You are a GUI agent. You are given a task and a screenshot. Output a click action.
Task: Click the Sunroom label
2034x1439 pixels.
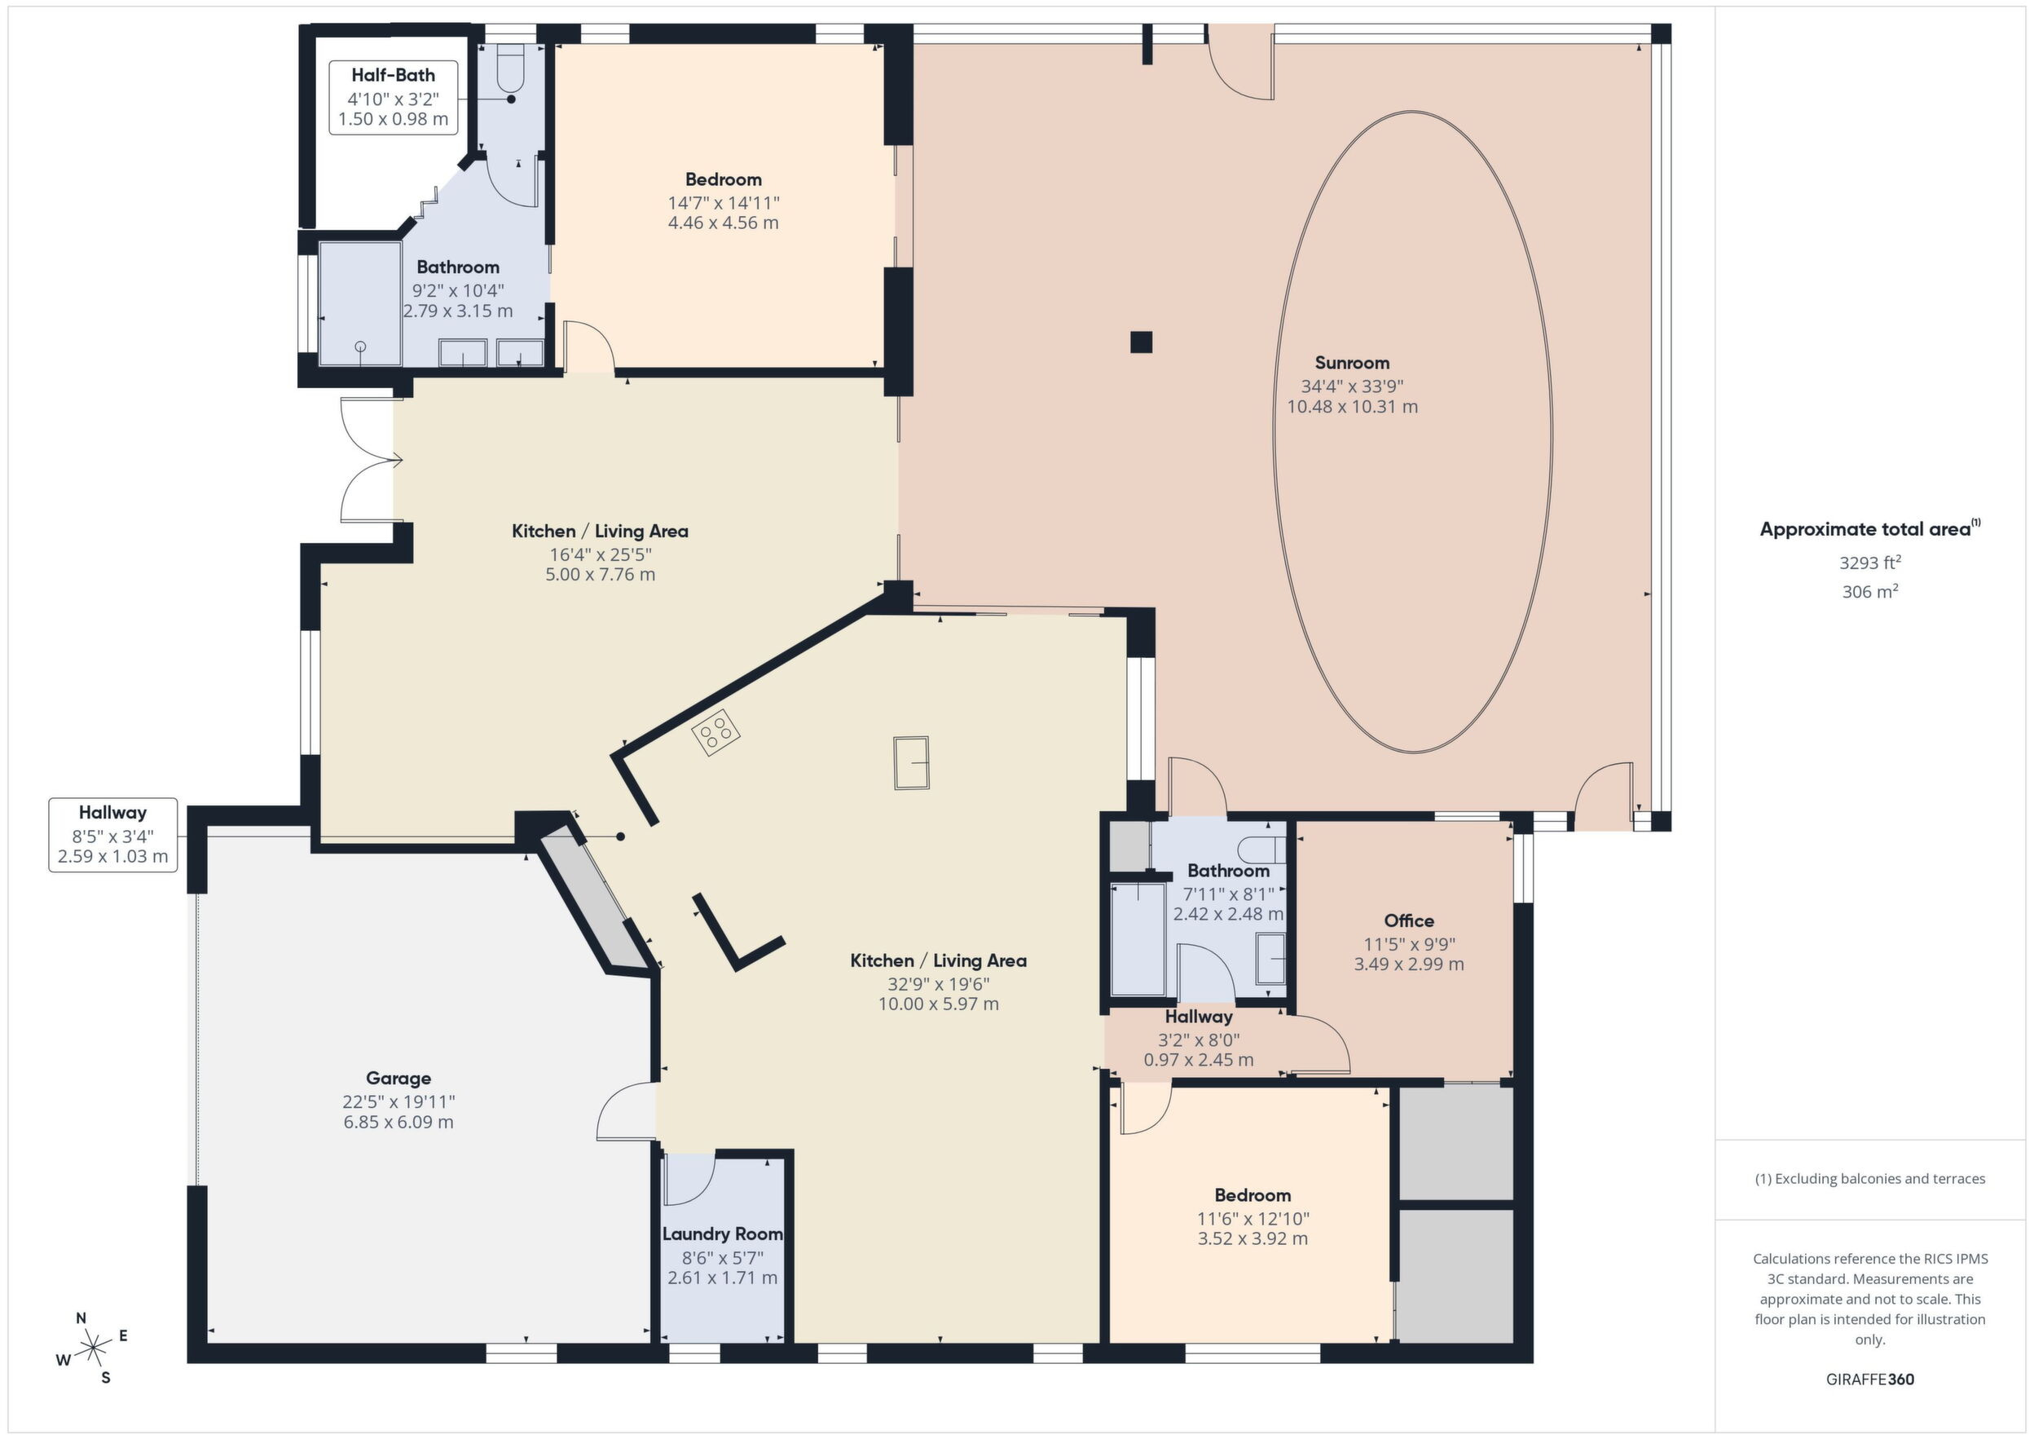(1352, 363)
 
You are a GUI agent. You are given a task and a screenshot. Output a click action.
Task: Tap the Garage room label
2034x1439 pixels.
(398, 1079)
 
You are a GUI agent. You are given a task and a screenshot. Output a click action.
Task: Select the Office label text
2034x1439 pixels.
(1409, 920)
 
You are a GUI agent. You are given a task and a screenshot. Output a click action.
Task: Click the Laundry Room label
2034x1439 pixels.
(723, 1234)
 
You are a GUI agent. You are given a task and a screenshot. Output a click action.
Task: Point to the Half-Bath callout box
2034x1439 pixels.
(394, 98)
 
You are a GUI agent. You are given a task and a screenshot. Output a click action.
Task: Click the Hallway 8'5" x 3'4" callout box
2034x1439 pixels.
(112, 835)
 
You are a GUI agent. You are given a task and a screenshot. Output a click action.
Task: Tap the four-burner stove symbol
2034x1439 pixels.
(716, 732)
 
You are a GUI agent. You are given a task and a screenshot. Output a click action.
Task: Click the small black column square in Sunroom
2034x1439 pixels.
(1141, 342)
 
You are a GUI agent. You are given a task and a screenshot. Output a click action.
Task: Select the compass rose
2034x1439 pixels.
(92, 1349)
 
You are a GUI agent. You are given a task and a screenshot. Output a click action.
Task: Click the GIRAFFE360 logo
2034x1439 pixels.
(1870, 1379)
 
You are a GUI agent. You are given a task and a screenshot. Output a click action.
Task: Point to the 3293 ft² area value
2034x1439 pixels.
(1870, 562)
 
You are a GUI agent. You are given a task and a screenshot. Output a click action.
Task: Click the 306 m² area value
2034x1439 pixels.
(1870, 591)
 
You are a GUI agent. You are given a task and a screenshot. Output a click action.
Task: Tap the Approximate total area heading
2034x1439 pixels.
(1870, 529)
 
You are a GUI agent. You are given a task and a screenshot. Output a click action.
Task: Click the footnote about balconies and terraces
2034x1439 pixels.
(1870, 1178)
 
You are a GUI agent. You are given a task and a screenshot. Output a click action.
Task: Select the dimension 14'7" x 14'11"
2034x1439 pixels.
(724, 203)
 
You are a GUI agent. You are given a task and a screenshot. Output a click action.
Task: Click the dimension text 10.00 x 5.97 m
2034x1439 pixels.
(938, 1004)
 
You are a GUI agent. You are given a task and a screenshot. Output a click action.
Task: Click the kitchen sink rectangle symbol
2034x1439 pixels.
(911, 762)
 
